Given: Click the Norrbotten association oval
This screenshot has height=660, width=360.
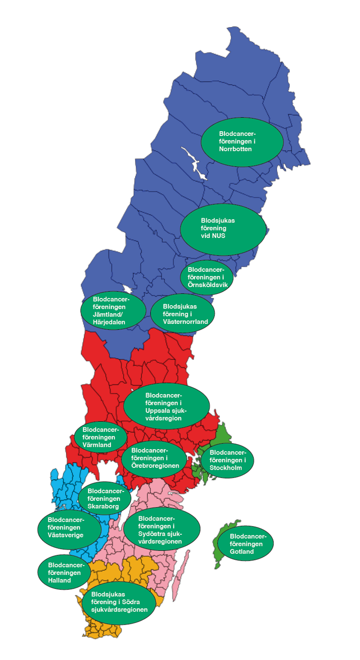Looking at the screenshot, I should point(242,141).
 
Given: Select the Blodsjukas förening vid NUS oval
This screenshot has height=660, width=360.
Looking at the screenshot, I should point(223,229).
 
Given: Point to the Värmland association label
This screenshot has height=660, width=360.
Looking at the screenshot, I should point(101,437).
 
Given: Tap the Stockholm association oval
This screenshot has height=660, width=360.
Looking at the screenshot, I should point(227,460).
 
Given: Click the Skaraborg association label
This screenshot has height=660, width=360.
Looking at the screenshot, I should point(108,498).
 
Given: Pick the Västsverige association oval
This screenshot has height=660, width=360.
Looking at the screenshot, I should point(69,527).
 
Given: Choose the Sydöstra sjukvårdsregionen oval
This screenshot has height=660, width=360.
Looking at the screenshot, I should point(162,530).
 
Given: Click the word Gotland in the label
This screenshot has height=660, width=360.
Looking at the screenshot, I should point(242,552).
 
